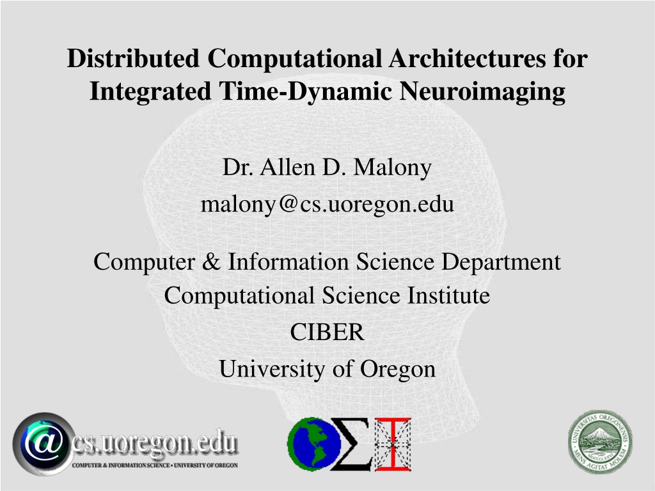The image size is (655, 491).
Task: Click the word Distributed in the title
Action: point(133,58)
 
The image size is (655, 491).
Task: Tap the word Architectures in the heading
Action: point(467,58)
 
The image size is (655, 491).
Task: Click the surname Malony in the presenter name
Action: point(392,168)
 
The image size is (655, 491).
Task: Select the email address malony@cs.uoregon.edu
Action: point(327,204)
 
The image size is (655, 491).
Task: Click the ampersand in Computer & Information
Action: point(211,261)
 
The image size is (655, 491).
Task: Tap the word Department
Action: point(501,262)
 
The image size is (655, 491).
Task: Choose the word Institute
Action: point(448,295)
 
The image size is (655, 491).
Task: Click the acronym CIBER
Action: point(327,332)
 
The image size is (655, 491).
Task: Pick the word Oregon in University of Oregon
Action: point(397,370)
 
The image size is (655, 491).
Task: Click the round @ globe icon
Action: point(44,444)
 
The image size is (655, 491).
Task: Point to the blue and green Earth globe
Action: point(313,444)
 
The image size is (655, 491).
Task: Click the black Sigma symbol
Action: point(351,444)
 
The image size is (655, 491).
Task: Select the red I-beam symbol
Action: point(393,444)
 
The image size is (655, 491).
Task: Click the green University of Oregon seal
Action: point(600,442)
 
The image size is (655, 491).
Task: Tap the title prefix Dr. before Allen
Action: point(237,168)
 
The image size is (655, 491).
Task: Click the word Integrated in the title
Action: point(150,91)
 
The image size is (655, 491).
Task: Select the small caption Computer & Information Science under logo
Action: point(121,465)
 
